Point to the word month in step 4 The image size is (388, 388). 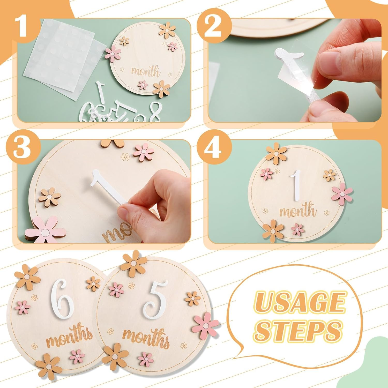[x=298, y=211]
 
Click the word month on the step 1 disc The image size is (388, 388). [x=145, y=71]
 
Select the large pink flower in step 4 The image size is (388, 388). [x=342, y=193]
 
